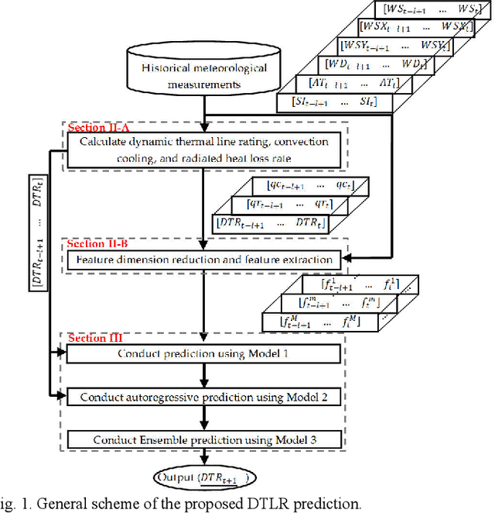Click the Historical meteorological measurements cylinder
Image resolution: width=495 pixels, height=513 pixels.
pos(205,73)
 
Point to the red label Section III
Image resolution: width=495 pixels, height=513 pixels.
pos(89,338)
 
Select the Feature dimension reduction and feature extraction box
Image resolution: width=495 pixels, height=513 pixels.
pos(203,260)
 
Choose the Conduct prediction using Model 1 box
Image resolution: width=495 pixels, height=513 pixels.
pos(203,355)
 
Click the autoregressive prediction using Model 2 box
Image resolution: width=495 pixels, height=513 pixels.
pos(203,397)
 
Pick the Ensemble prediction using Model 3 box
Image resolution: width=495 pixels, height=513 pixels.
pos(203,440)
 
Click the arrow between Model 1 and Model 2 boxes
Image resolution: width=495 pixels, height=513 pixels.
pos(203,376)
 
